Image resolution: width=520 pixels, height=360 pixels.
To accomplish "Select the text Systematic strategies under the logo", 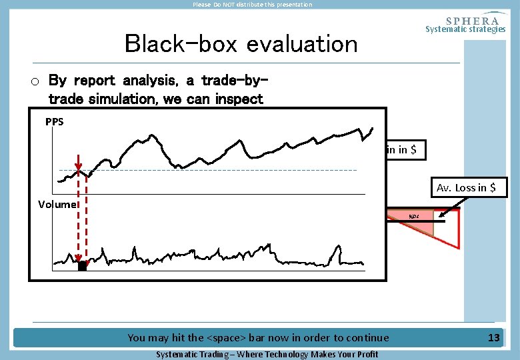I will [465, 29].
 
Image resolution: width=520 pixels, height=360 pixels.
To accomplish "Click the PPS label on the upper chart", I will [55, 122].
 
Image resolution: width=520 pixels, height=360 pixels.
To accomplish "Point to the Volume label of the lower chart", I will [57, 205].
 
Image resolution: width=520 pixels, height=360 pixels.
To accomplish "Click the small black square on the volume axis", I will [82, 266].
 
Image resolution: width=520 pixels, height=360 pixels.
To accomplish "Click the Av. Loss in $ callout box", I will [466, 187].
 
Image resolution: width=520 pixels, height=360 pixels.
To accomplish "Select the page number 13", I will [493, 338].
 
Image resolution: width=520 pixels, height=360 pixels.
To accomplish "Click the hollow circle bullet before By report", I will [36, 82].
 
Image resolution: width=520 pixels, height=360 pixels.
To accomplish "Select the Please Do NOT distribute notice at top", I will [252, 5].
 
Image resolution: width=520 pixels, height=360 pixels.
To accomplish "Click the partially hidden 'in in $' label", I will [401, 150].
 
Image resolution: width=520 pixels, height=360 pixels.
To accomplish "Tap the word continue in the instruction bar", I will [365, 338].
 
